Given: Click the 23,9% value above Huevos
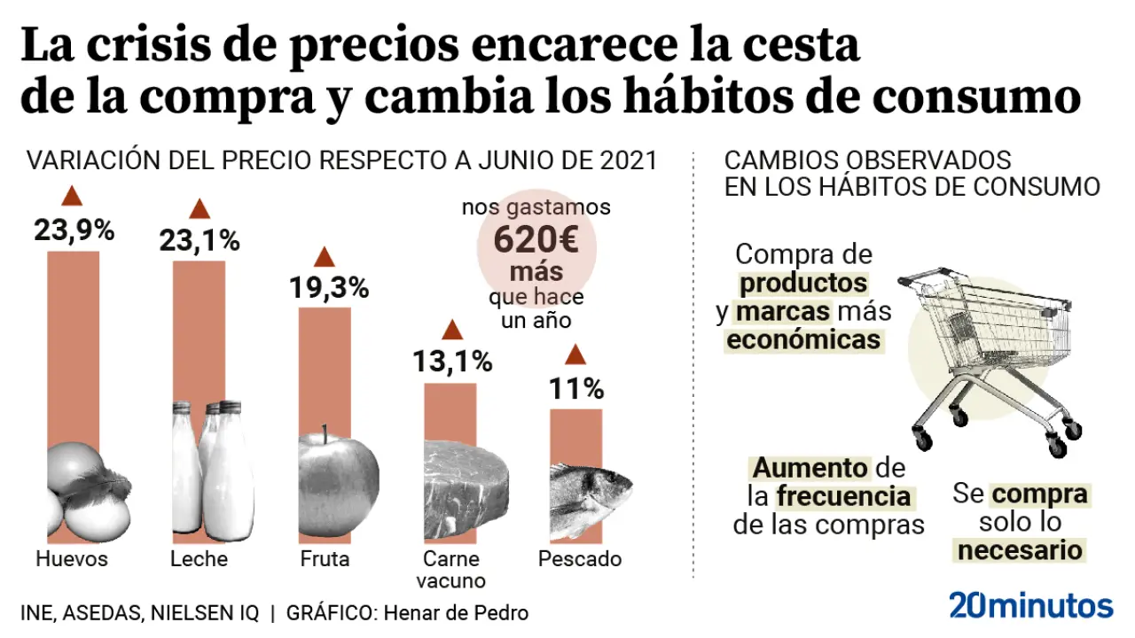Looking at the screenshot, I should (74, 230).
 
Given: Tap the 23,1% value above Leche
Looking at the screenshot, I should (200, 240).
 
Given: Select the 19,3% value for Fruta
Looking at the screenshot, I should (328, 288).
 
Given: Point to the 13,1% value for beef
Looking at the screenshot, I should (452, 362).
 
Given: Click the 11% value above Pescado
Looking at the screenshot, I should (575, 388).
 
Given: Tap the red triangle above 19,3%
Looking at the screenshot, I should (325, 258).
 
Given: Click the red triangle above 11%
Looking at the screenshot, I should (575, 356).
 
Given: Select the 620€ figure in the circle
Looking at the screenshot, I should (536, 239).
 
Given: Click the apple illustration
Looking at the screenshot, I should (337, 483).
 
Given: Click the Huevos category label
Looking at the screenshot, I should (72, 559).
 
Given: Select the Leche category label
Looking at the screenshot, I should (199, 559).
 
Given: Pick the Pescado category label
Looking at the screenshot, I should (580, 559).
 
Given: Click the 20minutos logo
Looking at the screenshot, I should (1030, 605).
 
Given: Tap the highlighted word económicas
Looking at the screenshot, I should (804, 340).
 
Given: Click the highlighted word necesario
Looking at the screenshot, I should (1020, 550).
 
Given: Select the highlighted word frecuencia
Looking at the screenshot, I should (843, 495).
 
